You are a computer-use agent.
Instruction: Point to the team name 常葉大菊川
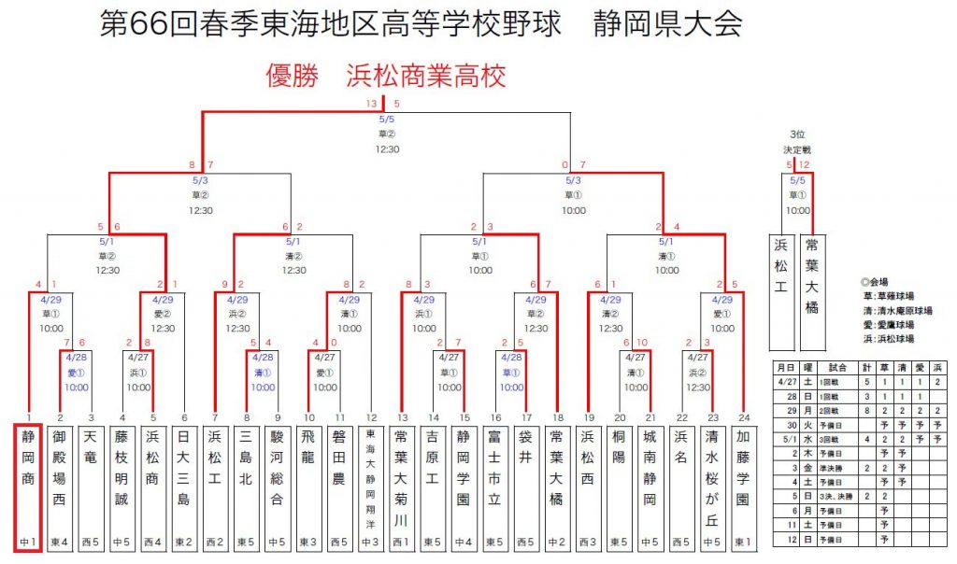(402, 472)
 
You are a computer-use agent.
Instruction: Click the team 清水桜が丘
(713, 472)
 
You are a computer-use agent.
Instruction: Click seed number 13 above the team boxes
(403, 417)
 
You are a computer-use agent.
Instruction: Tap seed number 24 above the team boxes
(744, 417)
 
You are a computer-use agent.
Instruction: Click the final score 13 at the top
(372, 103)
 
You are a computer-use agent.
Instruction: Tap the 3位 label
(797, 134)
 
